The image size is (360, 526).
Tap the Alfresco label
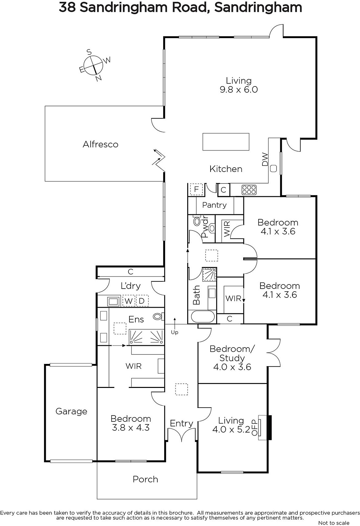click(x=101, y=144)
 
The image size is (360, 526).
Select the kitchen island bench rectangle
click(x=226, y=142)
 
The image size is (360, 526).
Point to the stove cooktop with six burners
click(x=249, y=190)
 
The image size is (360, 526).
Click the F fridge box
click(x=196, y=189)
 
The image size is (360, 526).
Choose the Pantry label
click(x=214, y=205)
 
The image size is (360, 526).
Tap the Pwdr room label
click(x=205, y=228)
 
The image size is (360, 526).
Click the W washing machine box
click(x=129, y=301)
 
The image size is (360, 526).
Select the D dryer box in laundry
click(x=142, y=301)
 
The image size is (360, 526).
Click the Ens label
click(x=136, y=319)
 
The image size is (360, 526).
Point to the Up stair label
click(x=175, y=332)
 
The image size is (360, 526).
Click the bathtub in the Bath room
click(x=203, y=317)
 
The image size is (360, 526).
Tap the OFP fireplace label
click(x=255, y=427)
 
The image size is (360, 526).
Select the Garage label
click(x=71, y=411)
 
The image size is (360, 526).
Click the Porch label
click(x=145, y=479)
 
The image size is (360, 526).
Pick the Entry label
click(x=181, y=423)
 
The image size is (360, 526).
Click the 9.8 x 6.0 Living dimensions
click(x=239, y=89)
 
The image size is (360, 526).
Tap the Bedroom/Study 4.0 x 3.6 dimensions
click(x=232, y=367)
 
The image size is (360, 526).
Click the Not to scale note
click(x=334, y=523)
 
